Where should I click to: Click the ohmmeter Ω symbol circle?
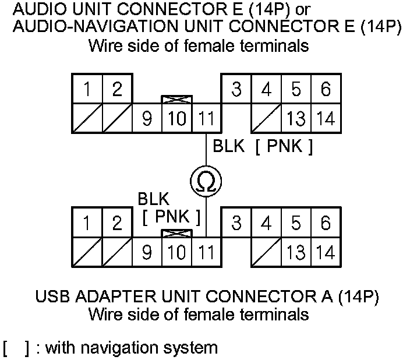tap(206, 182)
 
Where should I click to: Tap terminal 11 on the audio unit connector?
tap(206, 118)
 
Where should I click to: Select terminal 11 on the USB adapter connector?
tap(206, 252)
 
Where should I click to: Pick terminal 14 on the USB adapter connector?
tap(326, 252)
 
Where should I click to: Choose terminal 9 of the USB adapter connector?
tap(147, 252)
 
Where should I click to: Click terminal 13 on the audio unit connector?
tap(296, 118)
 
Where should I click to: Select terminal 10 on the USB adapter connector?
tap(176, 252)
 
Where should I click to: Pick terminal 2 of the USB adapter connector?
tap(117, 223)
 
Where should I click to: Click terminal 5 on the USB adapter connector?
tap(296, 223)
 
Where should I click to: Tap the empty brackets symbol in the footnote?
tap(17, 348)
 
